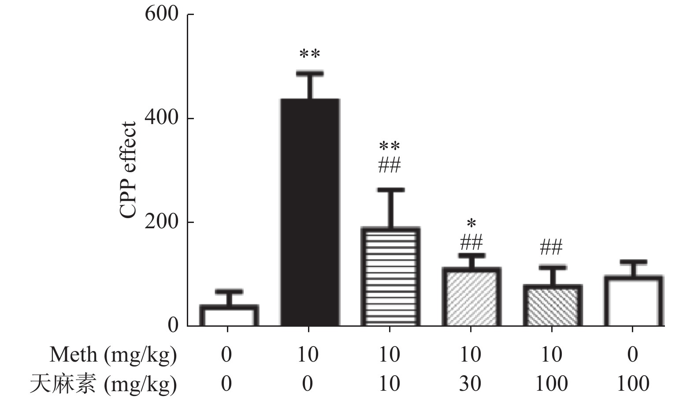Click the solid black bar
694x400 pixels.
point(309,212)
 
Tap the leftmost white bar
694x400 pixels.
point(229,315)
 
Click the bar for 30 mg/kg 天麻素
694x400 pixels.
point(471,297)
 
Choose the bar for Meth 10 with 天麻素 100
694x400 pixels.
point(552,306)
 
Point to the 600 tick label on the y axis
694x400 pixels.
point(161,14)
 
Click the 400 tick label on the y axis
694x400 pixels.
point(161,118)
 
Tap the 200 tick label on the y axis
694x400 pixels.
point(161,222)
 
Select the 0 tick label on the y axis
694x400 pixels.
point(173,325)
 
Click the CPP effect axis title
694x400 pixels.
point(128,170)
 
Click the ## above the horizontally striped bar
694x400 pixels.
point(390,166)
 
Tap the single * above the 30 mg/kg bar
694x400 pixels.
point(471,223)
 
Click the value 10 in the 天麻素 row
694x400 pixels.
point(390,383)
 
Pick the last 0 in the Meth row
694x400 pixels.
point(633,355)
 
